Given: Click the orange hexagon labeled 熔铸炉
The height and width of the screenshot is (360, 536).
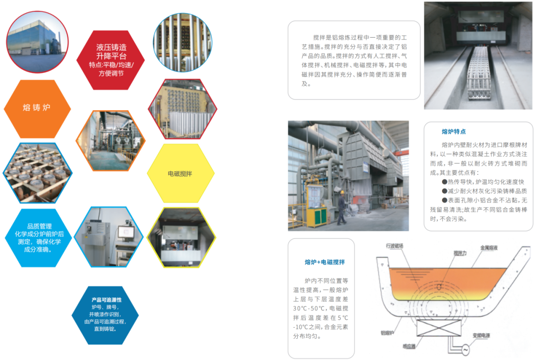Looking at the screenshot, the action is [37, 107].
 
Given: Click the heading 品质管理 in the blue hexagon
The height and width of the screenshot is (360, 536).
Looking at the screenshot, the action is [39, 226].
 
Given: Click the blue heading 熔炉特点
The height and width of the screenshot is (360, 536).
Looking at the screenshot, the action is [454, 132].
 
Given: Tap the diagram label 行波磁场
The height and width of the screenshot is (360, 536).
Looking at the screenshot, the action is [395, 245].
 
